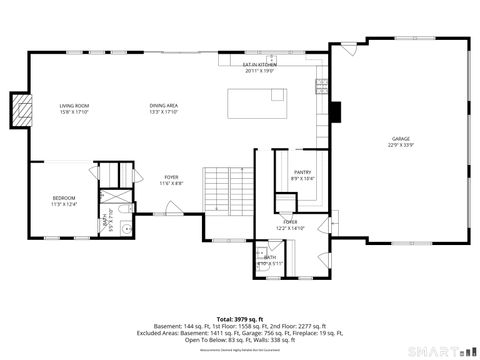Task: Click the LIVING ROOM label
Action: [74, 105]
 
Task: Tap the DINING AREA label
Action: [164, 105]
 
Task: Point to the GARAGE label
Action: [400, 138]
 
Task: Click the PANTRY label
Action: [302, 172]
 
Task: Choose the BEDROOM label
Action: [64, 198]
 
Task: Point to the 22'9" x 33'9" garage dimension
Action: [400, 145]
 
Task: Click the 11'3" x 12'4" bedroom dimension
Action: [64, 205]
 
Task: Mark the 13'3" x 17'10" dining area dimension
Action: [164, 112]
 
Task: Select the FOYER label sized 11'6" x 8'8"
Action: [170, 177]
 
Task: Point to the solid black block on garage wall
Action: [337, 110]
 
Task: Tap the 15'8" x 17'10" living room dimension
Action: [74, 112]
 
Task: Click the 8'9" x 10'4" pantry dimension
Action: [302, 179]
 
